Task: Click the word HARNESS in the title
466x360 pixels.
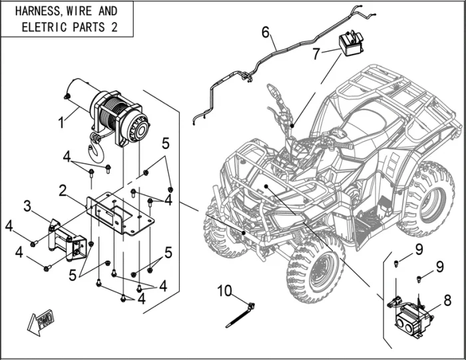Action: [37, 11]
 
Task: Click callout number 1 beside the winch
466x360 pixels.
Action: [61, 122]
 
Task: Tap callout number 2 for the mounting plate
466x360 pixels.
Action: [63, 191]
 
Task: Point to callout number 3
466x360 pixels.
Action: [27, 207]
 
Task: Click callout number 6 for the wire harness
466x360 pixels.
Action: [265, 33]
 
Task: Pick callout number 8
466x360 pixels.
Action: [447, 299]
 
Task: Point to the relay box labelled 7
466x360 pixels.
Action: [353, 43]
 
